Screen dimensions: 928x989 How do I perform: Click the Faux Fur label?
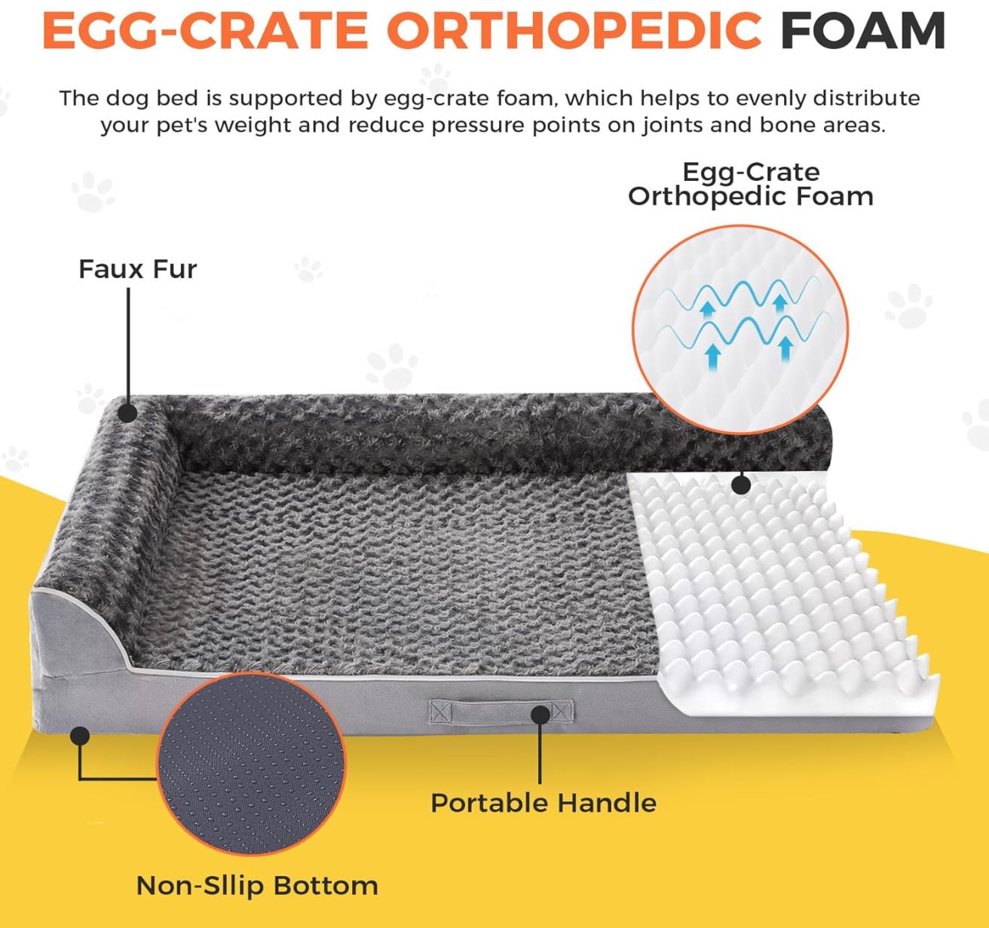[x=137, y=269]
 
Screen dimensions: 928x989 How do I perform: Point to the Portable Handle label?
[x=543, y=803]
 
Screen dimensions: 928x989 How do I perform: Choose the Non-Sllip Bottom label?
[x=257, y=885]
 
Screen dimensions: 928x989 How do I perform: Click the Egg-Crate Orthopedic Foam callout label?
[x=750, y=184]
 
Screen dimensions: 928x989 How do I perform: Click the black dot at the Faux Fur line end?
[x=128, y=412]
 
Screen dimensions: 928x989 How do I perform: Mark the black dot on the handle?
[x=540, y=714]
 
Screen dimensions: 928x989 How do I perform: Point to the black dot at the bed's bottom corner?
[x=79, y=735]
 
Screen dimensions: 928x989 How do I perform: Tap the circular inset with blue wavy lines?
[x=740, y=329]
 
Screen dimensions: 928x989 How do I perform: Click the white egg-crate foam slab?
[x=784, y=588]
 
